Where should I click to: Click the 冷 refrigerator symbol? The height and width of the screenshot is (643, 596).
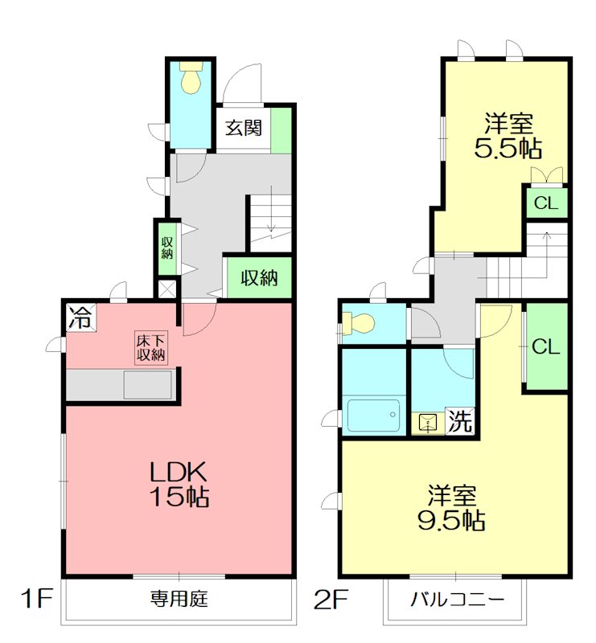coord(80,317)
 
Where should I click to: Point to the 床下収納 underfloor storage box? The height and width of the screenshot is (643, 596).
coord(150,347)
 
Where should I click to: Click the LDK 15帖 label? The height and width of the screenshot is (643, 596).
coord(179,484)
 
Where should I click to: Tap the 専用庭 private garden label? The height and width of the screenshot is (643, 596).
coord(179,599)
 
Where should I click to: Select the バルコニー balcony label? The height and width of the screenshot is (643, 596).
coord(457,599)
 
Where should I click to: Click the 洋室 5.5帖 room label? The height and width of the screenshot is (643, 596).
coord(508,137)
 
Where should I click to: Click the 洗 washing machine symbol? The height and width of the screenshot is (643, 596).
coord(459,421)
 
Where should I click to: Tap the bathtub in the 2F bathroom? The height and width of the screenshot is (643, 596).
coord(373,416)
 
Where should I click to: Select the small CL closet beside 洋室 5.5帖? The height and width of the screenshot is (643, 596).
coord(545,203)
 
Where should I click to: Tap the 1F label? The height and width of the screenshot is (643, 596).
coord(36,599)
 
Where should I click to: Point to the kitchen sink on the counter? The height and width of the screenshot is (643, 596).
coord(146,385)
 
